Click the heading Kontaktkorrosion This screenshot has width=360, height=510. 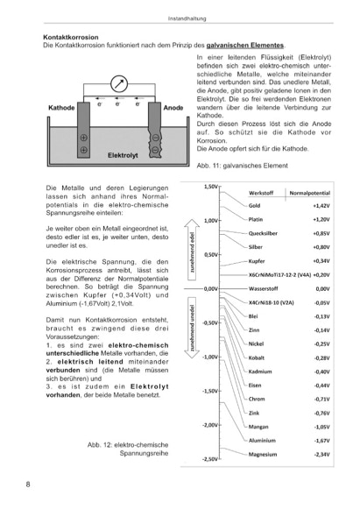pyautogui.click(x=71, y=37)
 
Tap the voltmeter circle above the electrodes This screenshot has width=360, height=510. pyautogui.click(x=119, y=83)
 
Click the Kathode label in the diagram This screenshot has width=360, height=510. pyautogui.click(x=61, y=108)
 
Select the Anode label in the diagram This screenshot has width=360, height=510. pyautogui.click(x=173, y=108)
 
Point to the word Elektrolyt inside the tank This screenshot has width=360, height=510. pyautogui.click(x=123, y=155)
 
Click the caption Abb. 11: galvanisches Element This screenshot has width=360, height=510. pyautogui.click(x=242, y=166)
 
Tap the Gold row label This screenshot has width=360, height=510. pyautogui.click(x=254, y=206)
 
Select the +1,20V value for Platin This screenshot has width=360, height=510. pyautogui.click(x=321, y=220)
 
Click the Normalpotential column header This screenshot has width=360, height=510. pyautogui.click(x=309, y=193)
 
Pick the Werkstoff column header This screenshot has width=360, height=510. pyautogui.click(x=261, y=193)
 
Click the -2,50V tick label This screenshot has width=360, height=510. pyautogui.click(x=211, y=459)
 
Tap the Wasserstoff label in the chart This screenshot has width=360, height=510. pyautogui.click(x=264, y=289)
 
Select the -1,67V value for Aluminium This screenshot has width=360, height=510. pyautogui.click(x=322, y=441)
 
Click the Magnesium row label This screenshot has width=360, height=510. pyautogui.click(x=263, y=455)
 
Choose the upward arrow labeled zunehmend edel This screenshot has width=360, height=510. pyautogui.click(x=192, y=250)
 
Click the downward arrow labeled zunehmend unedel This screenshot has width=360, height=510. pyautogui.click(x=192, y=328)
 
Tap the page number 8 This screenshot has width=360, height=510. pyautogui.click(x=28, y=485)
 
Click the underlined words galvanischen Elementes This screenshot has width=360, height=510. pyautogui.click(x=245, y=46)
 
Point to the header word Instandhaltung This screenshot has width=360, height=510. pyautogui.click(x=187, y=18)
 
